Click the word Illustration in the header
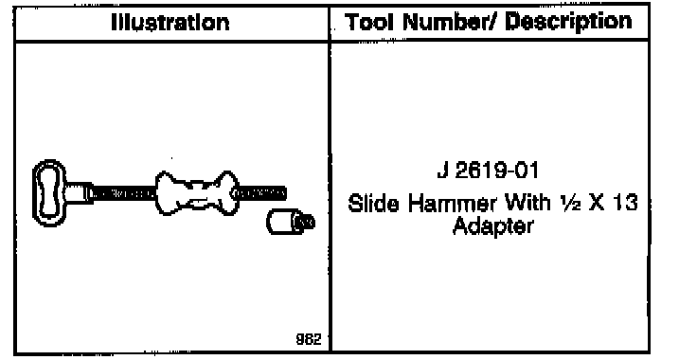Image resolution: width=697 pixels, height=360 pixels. click(170, 23)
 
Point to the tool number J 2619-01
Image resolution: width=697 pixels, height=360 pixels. click(488, 171)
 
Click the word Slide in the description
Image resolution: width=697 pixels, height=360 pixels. click(373, 204)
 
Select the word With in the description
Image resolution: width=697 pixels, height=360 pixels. click(527, 204)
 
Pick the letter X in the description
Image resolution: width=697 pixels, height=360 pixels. click(596, 204)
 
